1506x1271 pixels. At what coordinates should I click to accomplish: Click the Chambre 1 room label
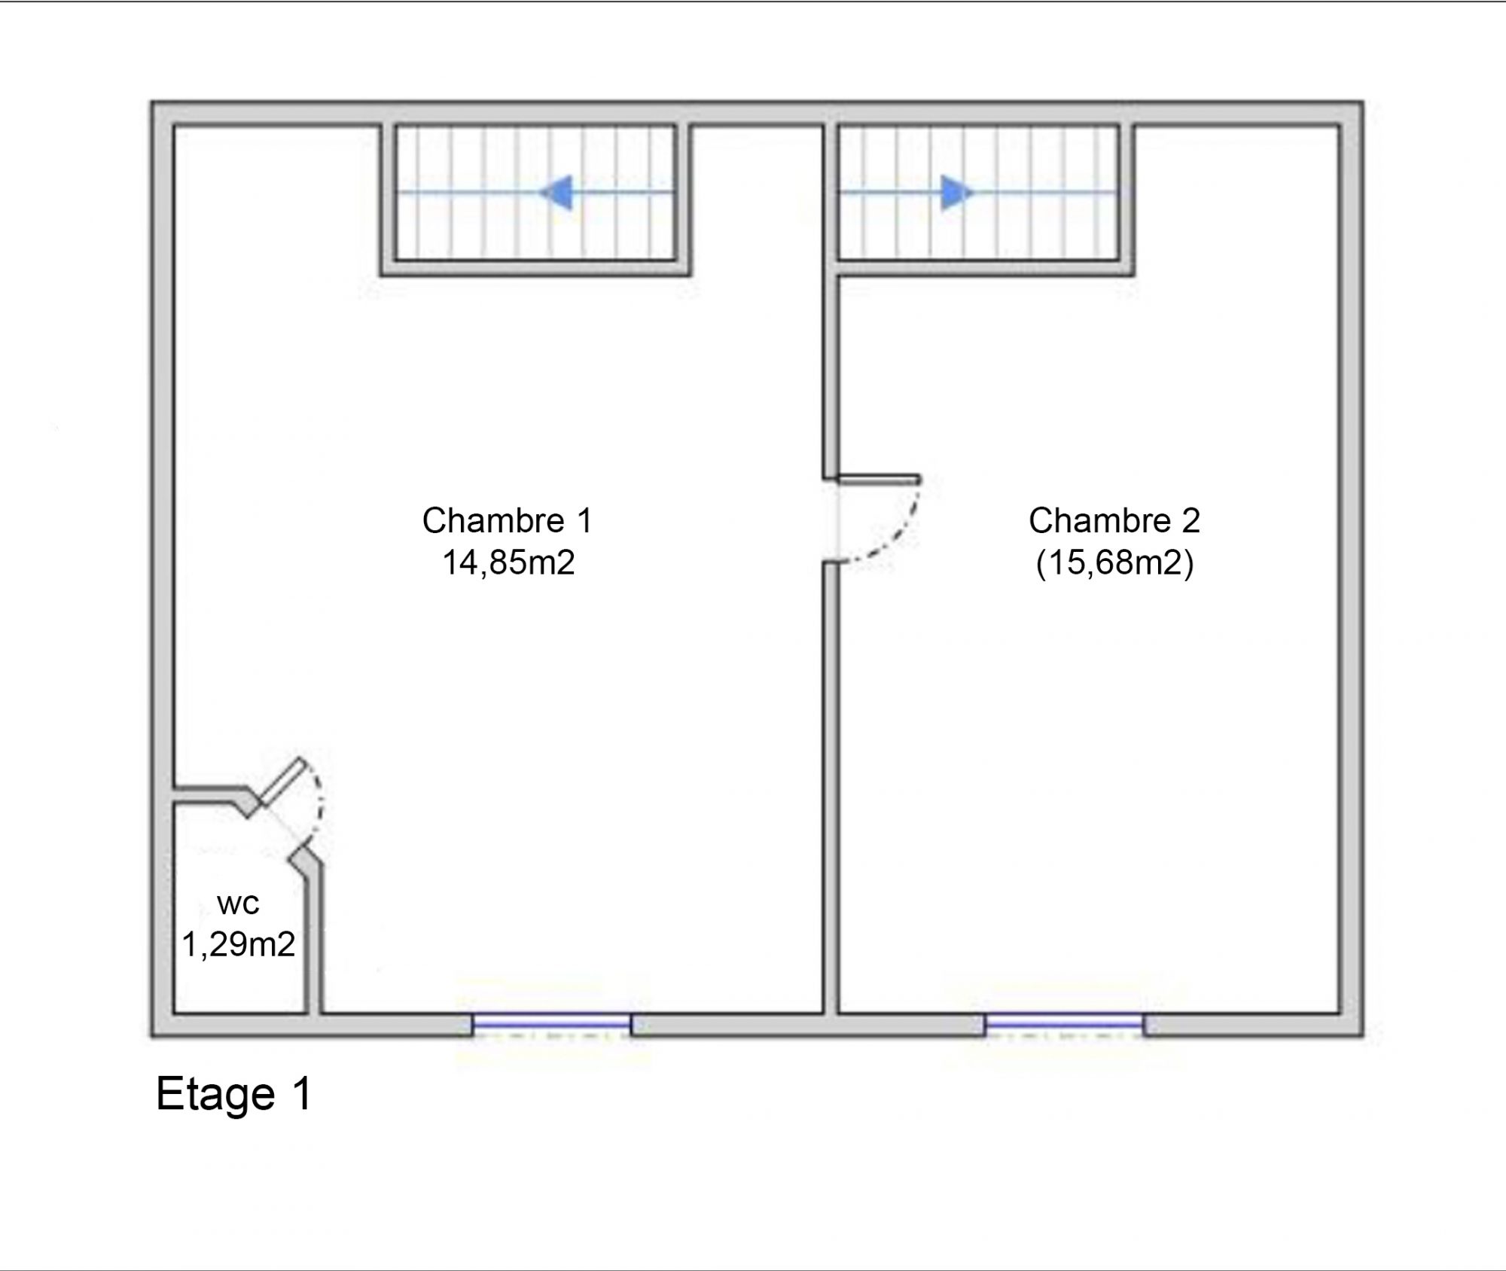[x=508, y=520]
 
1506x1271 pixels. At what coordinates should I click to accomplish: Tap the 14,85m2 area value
[x=508, y=562]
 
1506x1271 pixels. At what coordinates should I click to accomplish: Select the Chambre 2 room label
[x=1114, y=520]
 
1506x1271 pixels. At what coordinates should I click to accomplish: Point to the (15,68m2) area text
[x=1114, y=563]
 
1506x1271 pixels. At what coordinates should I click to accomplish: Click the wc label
[x=238, y=904]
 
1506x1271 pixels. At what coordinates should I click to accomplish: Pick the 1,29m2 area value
[x=238, y=944]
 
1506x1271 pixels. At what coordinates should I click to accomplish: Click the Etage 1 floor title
[x=233, y=1094]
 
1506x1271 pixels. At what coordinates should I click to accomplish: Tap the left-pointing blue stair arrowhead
[x=557, y=192]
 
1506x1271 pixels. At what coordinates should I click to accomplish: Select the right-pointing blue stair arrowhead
[x=957, y=192]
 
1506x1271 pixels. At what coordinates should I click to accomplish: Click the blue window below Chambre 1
[x=552, y=1024]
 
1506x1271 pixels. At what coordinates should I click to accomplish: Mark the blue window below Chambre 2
[x=1065, y=1024]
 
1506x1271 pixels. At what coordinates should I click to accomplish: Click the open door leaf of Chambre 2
[x=879, y=480]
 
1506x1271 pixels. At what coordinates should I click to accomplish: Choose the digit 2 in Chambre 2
[x=1190, y=520]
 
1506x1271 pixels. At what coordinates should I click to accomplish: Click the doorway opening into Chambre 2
[x=831, y=520]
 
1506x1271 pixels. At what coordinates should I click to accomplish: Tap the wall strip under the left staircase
[x=535, y=269]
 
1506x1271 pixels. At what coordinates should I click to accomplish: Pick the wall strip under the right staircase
[x=986, y=269]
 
